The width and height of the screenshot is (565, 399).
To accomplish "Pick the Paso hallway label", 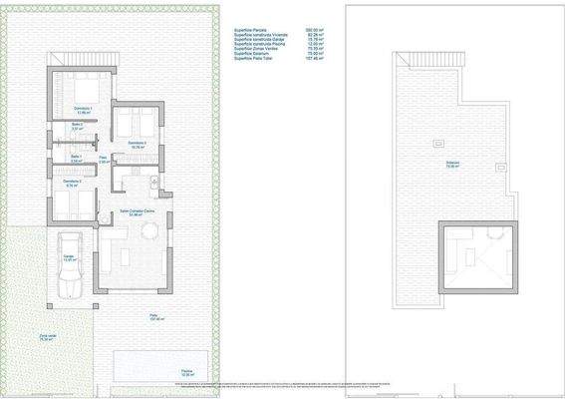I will (103, 159).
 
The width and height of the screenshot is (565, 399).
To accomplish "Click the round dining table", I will (149, 232).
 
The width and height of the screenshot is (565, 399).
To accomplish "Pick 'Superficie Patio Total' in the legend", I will (253, 60).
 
